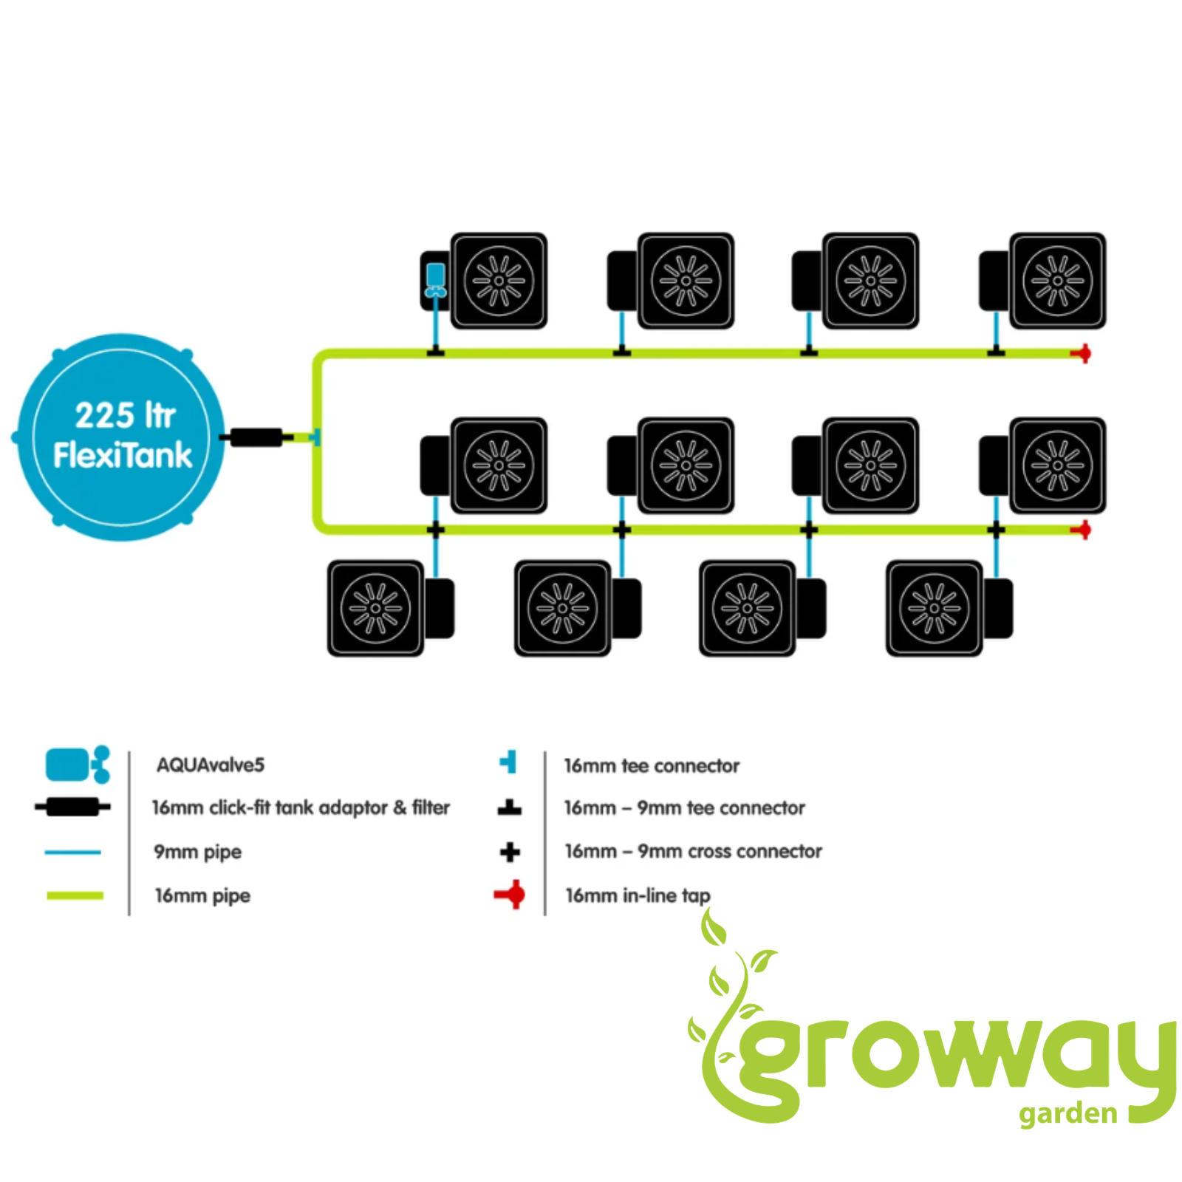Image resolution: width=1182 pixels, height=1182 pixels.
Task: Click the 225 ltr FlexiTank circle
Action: (x=120, y=437)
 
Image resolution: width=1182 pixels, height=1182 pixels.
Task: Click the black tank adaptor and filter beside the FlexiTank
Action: (x=256, y=437)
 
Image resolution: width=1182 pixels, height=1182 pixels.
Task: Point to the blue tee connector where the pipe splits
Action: (x=315, y=437)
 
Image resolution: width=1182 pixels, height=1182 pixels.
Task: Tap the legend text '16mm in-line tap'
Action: (x=638, y=895)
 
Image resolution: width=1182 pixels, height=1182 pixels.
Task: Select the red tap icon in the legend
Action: (x=510, y=895)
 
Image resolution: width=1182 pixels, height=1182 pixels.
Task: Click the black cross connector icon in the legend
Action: (x=510, y=852)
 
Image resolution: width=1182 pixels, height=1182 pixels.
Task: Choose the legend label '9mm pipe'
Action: (x=197, y=852)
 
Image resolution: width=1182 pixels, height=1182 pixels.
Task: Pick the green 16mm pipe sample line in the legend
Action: (x=75, y=895)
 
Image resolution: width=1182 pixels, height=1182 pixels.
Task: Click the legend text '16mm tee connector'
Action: (x=652, y=765)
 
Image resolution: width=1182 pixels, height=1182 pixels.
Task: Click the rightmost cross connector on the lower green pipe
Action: (x=996, y=530)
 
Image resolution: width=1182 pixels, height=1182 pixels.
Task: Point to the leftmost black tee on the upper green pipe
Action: (x=435, y=350)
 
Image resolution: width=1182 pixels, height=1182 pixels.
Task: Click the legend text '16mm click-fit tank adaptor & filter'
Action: (x=301, y=807)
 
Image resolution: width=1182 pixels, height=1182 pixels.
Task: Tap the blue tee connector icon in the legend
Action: (x=508, y=762)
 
